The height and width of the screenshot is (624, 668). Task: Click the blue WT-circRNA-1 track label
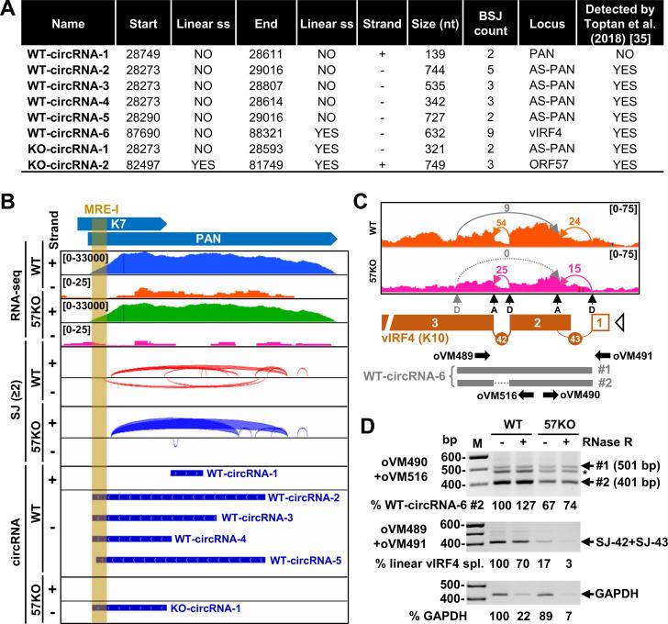coord(252,474)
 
